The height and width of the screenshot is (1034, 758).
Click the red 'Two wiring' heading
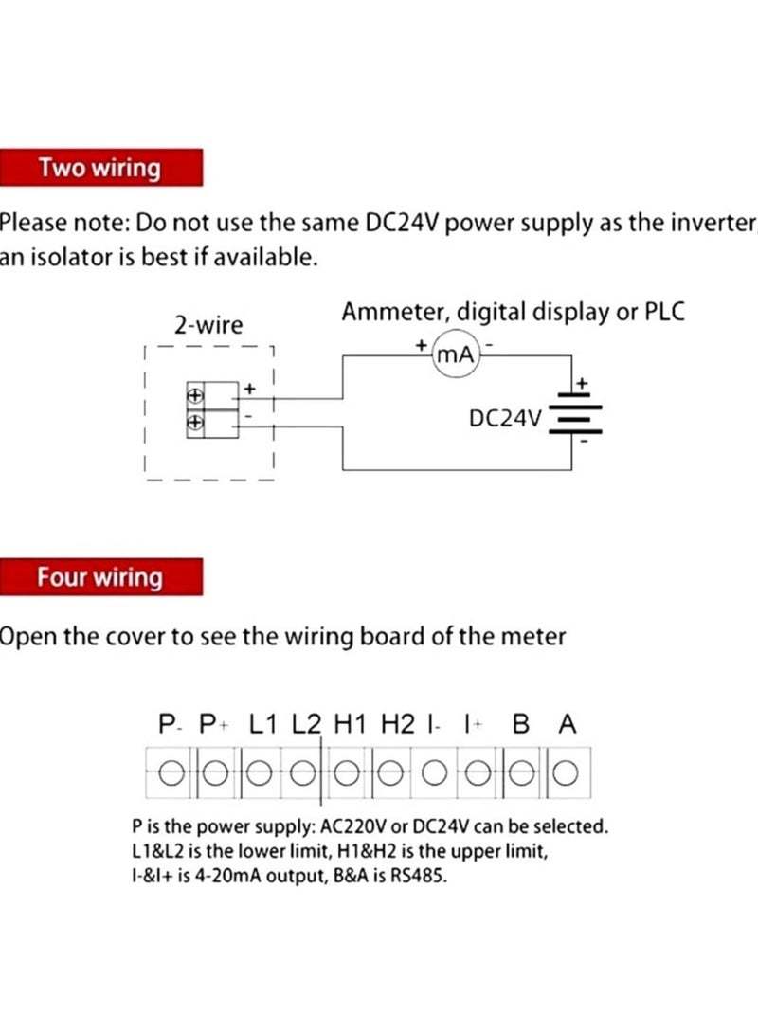point(99,169)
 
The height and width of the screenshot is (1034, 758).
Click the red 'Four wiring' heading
point(99,577)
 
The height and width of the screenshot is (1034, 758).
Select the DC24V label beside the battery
point(505,417)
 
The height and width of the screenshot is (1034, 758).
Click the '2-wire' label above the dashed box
point(208,326)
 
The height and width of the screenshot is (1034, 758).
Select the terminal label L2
point(307,725)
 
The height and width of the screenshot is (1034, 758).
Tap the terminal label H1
point(351,725)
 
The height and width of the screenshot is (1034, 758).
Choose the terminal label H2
point(398,725)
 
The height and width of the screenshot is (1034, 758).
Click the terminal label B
point(520,725)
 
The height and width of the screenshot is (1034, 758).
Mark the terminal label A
point(567,725)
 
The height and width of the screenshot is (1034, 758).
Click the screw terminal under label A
point(565,773)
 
